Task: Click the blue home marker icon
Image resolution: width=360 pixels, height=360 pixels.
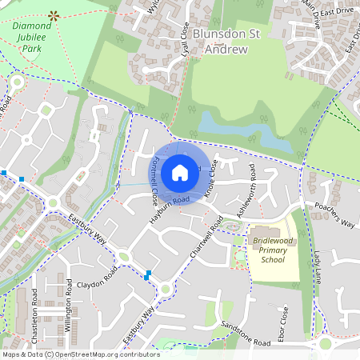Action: tap(180, 172)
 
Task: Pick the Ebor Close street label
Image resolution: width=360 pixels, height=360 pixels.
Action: tap(285, 320)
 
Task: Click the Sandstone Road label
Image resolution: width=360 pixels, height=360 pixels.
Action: tap(246, 336)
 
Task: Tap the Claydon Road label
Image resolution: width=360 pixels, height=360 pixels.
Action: tap(97, 285)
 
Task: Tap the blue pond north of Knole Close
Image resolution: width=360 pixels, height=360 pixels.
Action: tap(240, 130)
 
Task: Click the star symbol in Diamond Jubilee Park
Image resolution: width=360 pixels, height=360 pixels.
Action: tap(54, 14)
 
